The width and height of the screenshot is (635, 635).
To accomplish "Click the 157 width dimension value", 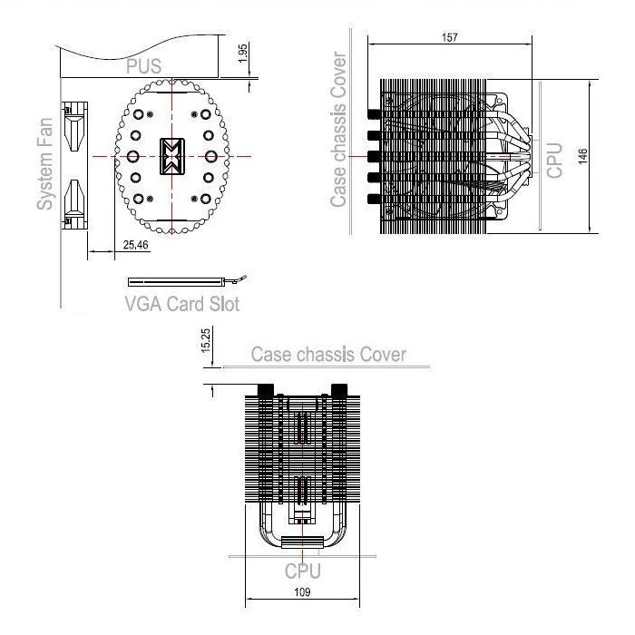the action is pyautogui.click(x=450, y=37).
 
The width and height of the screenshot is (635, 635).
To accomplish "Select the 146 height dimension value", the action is pyautogui.click(x=582, y=156).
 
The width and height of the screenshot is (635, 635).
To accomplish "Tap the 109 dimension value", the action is pyautogui.click(x=302, y=592).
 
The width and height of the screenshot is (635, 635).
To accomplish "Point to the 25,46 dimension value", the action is pyautogui.click(x=136, y=245).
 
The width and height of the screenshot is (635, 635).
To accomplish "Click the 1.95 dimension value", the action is pyautogui.click(x=242, y=53).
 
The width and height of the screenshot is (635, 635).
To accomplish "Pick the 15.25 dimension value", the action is pyautogui.click(x=206, y=340).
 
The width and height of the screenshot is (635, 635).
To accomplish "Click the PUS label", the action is pyautogui.click(x=143, y=66).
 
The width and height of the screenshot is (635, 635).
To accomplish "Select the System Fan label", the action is pyautogui.click(x=45, y=164).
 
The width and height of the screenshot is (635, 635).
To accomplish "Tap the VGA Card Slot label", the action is pyautogui.click(x=182, y=304).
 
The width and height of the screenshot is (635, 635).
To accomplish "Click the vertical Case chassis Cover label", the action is pyautogui.click(x=338, y=130).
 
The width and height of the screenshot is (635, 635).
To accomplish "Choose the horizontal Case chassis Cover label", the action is pyautogui.click(x=328, y=355).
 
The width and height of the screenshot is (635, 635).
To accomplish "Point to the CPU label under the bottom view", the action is pyautogui.click(x=302, y=571).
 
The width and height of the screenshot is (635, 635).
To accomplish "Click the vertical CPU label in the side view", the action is pyautogui.click(x=554, y=161).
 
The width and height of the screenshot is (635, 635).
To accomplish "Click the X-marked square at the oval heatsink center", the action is pyautogui.click(x=172, y=156).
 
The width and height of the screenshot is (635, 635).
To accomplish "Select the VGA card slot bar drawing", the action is pyautogui.click(x=175, y=282).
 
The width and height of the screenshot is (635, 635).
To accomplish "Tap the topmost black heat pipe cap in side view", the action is pyautogui.click(x=374, y=113).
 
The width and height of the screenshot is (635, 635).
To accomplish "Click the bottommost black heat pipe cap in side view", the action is pyautogui.click(x=374, y=199).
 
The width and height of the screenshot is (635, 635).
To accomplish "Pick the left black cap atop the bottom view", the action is pyautogui.click(x=266, y=390).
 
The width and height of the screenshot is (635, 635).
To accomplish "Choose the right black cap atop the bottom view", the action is pyautogui.click(x=339, y=390).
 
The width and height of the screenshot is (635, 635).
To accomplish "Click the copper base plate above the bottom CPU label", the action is pyautogui.click(x=302, y=542).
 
